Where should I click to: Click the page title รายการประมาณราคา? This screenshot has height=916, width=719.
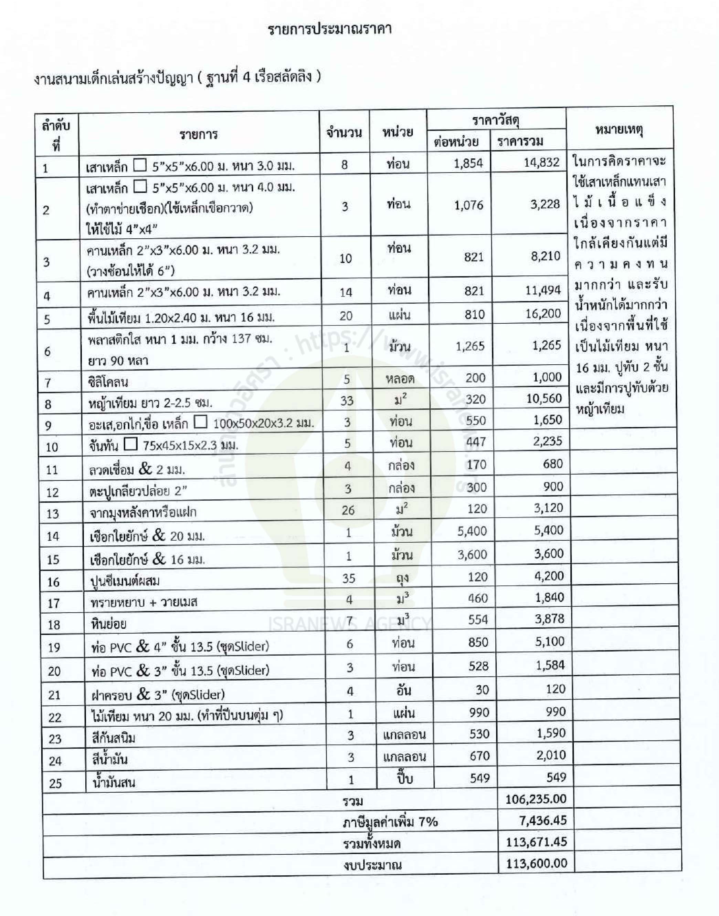point(330,30)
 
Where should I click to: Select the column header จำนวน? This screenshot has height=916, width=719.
point(344,132)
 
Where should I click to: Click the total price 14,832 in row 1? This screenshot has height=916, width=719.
point(541,163)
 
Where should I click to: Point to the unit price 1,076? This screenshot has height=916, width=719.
point(468,206)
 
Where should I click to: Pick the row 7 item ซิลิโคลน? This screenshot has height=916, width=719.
point(108,382)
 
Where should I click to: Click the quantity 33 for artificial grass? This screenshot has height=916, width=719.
point(347,400)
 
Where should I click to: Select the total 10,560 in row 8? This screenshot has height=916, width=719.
point(544,398)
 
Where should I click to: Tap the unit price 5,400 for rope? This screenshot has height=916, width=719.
point(472,531)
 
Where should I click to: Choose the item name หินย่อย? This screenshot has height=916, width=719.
point(109,624)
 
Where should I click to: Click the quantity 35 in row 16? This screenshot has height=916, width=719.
point(349,578)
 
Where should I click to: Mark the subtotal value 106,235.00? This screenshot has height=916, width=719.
point(536,799)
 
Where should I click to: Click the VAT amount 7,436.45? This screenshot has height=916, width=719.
point(543,820)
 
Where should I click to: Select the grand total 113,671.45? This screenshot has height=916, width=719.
point(536,842)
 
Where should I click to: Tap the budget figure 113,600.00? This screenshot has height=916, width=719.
point(536,863)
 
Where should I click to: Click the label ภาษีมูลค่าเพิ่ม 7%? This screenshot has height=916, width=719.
point(390,822)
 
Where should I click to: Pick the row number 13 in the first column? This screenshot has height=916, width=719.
point(53,514)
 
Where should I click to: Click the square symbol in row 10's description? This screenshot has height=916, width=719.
point(131,444)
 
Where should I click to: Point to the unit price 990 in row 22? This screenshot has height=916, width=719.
point(479,712)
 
